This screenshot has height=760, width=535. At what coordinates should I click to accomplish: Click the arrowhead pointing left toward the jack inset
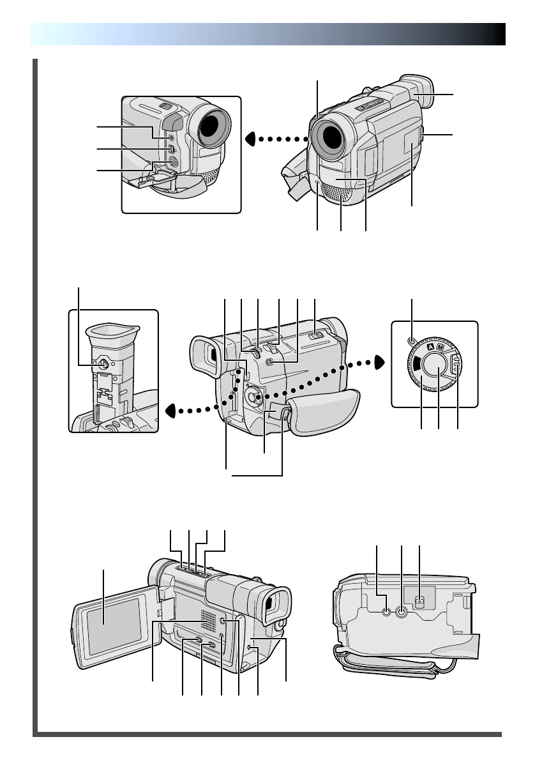pyautogui.click(x=252, y=137)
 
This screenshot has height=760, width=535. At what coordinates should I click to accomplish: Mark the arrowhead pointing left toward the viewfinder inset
pyautogui.click(x=169, y=411)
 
